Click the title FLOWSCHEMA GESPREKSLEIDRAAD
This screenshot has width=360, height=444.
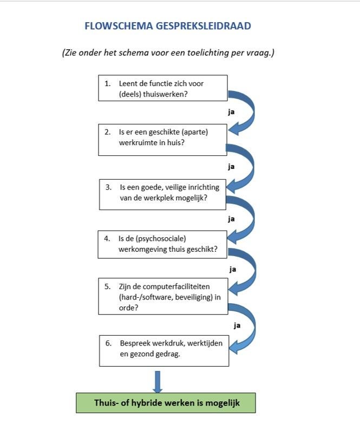[168, 26]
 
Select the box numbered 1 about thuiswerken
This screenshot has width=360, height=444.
[163, 88]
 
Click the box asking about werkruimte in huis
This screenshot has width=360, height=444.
[162, 140]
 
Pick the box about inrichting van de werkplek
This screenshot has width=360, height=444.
[162, 194]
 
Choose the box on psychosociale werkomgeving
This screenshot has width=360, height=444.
[162, 244]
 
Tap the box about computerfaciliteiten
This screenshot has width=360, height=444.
[163, 296]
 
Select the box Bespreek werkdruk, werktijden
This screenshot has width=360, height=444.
[164, 351]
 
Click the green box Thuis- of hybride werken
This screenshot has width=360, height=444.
[166, 403]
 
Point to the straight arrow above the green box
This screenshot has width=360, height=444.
[158, 382]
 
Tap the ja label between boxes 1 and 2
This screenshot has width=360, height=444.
[231, 112]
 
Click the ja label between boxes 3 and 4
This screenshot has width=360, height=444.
[231, 219]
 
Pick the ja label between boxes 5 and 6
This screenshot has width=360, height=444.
[237, 325]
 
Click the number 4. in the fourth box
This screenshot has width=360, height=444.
[107, 239]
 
